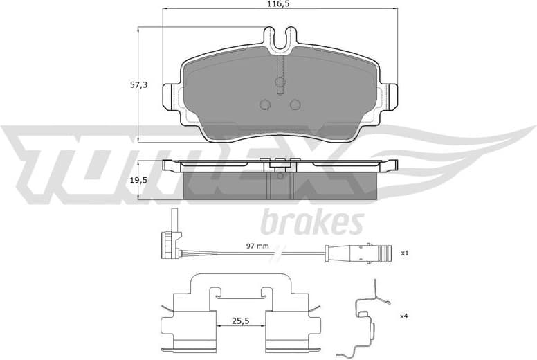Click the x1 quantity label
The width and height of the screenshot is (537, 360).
(406, 253)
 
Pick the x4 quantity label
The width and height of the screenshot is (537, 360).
(404, 316)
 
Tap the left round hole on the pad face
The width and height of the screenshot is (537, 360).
(264, 105)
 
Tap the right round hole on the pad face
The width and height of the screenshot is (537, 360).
(295, 105)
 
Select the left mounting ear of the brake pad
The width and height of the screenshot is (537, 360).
(170, 97)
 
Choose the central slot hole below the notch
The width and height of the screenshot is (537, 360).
(280, 84)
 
